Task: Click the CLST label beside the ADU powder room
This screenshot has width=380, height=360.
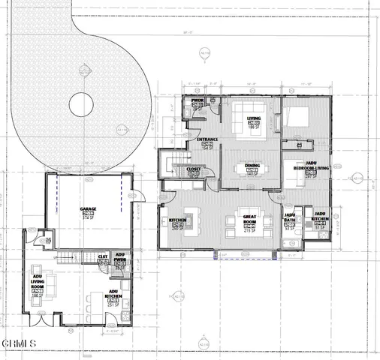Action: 103,256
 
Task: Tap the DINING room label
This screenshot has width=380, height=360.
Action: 252,164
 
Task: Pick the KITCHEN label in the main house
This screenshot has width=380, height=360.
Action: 178,220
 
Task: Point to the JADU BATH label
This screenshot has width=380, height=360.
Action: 290,219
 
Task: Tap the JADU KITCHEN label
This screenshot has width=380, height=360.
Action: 319,219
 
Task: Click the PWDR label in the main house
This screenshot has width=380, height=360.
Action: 198,100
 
